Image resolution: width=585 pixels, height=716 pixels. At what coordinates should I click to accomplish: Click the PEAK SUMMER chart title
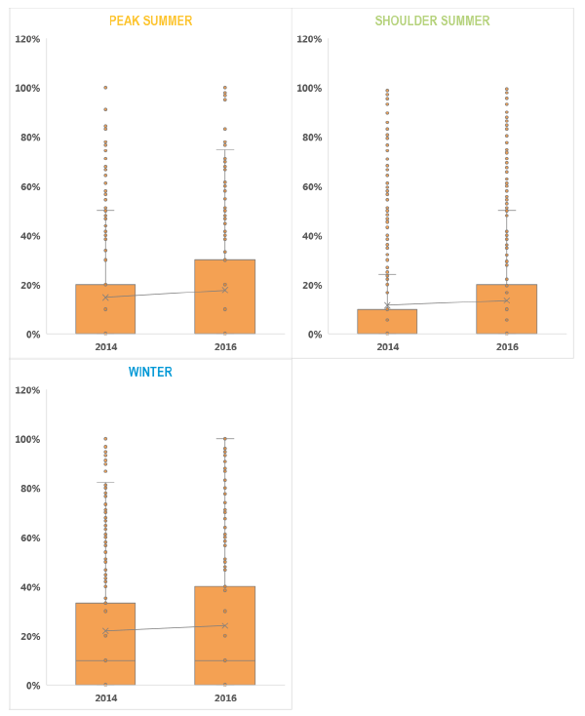click(x=150, y=20)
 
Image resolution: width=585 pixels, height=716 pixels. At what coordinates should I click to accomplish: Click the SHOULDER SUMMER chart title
click(x=432, y=20)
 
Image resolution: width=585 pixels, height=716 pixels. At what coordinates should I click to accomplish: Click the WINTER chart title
click(x=150, y=372)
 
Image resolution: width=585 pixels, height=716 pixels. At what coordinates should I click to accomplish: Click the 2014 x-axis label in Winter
click(x=105, y=697)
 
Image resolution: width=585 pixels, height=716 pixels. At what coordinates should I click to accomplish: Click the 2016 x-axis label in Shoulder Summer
click(x=506, y=346)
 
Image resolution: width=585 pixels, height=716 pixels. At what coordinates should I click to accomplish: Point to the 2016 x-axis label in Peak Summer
click(x=224, y=346)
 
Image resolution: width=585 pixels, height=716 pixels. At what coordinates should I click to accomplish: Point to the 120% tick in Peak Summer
click(x=27, y=39)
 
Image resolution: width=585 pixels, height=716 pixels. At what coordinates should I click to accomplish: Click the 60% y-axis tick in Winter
click(x=29, y=537)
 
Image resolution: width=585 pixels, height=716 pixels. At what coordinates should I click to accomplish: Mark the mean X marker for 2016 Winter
click(x=224, y=625)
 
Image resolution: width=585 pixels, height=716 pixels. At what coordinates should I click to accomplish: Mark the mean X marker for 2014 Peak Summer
click(x=105, y=297)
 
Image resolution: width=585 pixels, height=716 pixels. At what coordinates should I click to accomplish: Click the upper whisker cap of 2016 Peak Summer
click(x=224, y=149)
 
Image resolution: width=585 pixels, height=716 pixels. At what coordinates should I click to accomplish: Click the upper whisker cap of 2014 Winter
click(x=105, y=482)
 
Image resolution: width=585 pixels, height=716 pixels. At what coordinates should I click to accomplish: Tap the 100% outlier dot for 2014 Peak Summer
click(x=105, y=88)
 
